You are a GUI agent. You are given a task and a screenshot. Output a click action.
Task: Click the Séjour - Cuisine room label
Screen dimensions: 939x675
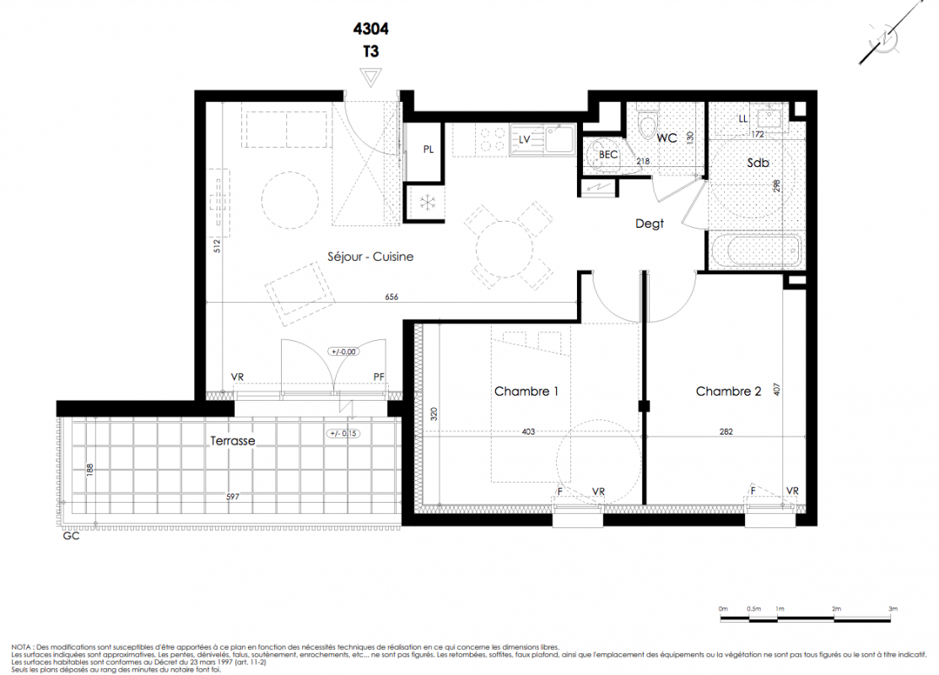tap(370, 256)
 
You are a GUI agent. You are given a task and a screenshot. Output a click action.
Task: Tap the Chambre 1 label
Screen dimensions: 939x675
tap(526, 391)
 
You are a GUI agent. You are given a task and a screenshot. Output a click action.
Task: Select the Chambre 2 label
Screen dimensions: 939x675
tap(728, 391)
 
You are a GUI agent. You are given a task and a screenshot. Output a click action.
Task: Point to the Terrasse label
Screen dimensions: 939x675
tap(232, 440)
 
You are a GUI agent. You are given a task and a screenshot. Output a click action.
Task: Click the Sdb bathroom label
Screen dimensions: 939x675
tap(758, 162)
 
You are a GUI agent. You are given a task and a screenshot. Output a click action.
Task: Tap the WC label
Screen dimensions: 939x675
tap(666, 138)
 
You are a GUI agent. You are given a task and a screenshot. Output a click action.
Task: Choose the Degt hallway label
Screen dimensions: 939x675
tap(649, 224)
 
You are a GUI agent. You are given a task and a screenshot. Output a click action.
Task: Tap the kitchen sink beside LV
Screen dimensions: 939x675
tap(559, 139)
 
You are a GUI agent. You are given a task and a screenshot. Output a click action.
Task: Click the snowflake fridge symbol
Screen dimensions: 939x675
tap(427, 203)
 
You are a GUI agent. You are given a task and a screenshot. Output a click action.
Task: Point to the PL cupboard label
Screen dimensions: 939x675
tap(429, 149)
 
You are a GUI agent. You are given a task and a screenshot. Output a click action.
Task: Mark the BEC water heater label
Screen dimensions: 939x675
tap(607, 154)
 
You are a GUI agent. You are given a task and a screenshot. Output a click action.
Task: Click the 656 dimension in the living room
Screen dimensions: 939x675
tap(391, 297)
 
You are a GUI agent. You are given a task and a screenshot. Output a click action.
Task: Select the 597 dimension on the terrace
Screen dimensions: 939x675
tap(232, 496)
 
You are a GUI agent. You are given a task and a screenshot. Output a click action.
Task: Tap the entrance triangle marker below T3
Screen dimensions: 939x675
tap(370, 78)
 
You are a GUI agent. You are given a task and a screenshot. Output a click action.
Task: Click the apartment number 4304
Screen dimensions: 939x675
tap(370, 29)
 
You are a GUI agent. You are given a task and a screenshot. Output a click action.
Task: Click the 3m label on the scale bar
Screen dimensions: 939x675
tap(893, 608)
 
